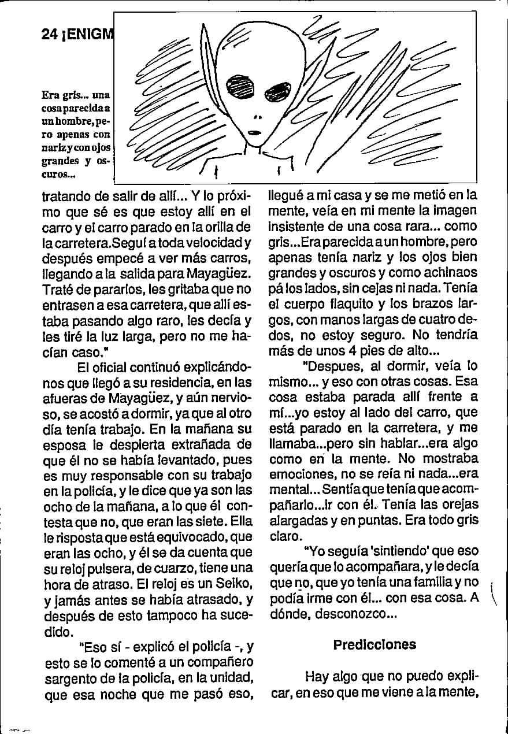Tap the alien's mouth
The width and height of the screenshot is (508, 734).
coord(254,134)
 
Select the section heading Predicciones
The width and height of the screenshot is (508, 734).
coord(374,644)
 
